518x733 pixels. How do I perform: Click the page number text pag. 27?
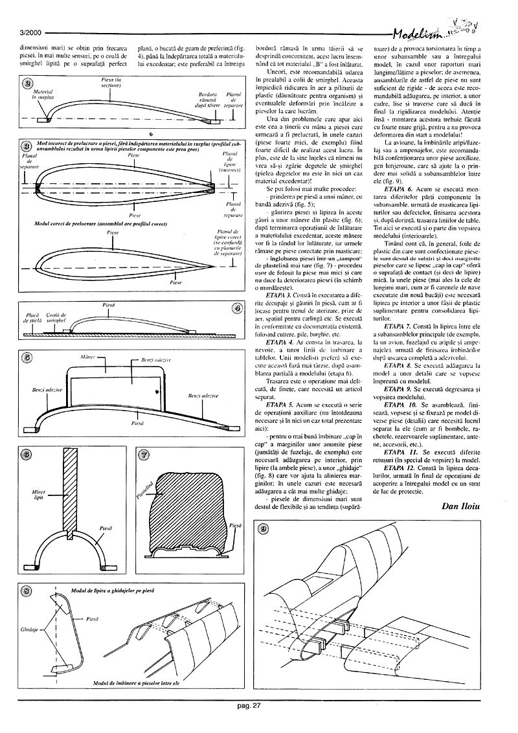pyautogui.click(x=248, y=705)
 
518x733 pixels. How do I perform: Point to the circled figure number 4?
pyautogui.click(x=237, y=308)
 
